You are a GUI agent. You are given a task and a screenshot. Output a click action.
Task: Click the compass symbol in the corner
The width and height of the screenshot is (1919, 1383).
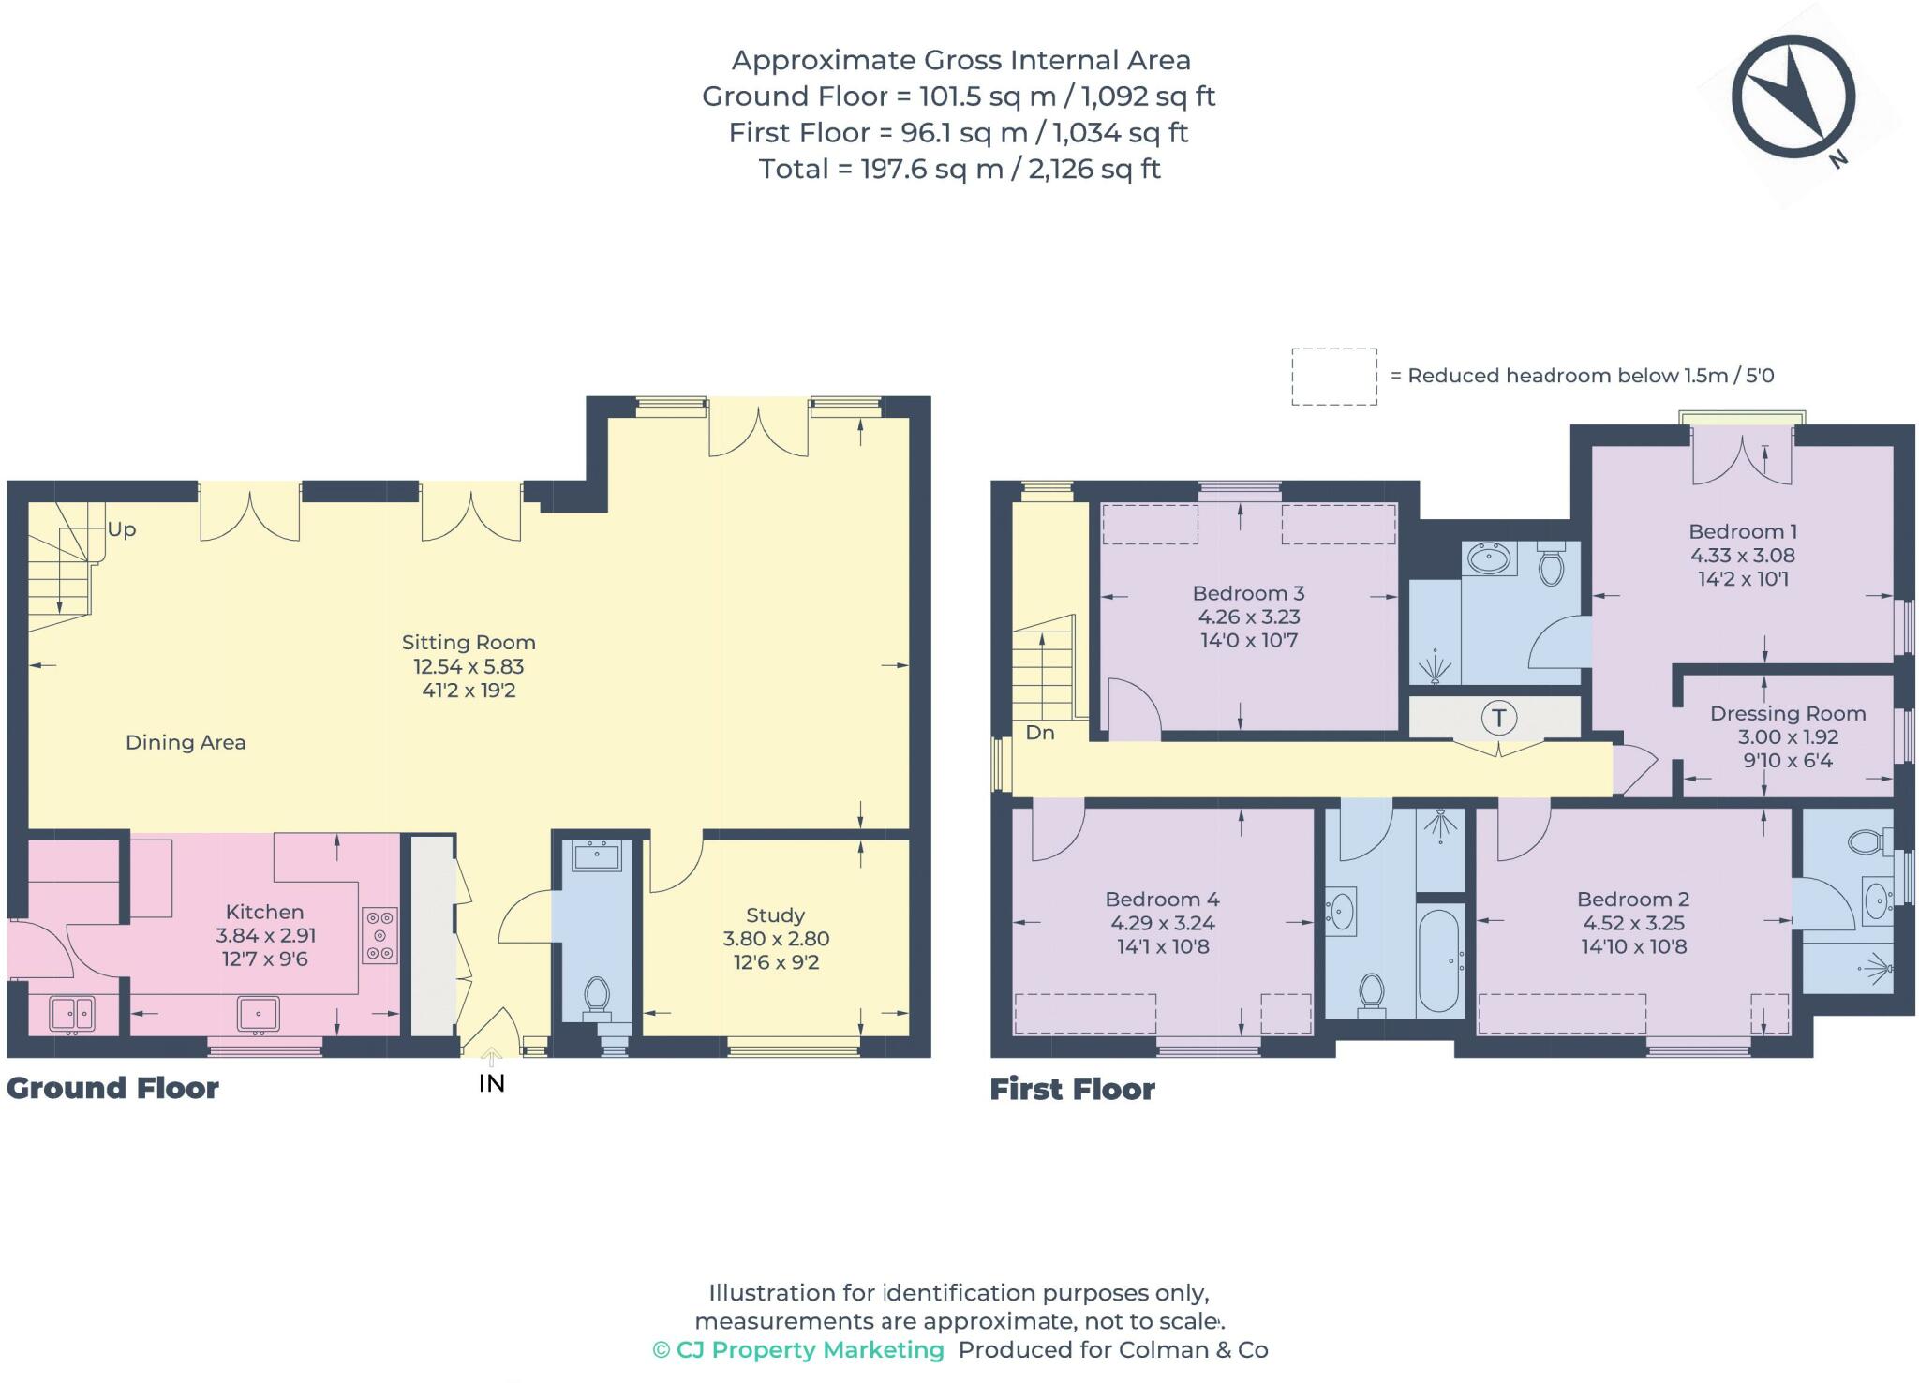click(1793, 97)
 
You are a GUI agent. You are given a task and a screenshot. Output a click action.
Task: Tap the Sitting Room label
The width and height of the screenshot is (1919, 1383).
click(469, 643)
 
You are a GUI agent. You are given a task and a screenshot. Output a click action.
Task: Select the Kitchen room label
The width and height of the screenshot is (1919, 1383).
click(265, 912)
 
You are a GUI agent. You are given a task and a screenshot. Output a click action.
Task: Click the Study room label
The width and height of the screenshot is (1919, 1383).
click(776, 915)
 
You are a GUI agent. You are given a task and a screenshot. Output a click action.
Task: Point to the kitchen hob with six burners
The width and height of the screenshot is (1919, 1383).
click(379, 935)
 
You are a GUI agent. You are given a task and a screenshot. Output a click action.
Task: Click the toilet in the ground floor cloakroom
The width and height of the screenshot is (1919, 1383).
click(596, 997)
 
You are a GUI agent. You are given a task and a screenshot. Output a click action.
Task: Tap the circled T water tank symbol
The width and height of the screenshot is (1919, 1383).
click(1499, 719)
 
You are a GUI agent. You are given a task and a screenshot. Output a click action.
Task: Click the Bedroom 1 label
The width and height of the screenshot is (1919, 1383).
click(1743, 531)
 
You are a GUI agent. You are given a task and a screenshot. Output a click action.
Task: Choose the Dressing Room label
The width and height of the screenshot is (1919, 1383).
click(1788, 714)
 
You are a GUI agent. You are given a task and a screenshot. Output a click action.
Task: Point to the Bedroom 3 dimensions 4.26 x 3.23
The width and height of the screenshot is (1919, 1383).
click(1249, 617)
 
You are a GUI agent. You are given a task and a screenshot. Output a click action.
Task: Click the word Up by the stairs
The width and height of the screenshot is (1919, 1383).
click(122, 529)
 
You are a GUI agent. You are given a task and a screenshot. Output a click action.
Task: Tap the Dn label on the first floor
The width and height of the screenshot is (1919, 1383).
click(1040, 733)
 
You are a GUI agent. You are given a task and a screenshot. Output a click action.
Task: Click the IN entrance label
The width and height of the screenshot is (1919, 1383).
click(492, 1084)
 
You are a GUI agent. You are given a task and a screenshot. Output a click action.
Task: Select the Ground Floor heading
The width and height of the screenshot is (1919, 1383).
click(112, 1088)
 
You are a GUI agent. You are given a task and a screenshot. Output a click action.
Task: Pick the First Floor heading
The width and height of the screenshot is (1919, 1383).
click(1073, 1089)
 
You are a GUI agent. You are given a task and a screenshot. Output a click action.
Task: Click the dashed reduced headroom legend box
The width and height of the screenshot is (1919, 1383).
click(1334, 377)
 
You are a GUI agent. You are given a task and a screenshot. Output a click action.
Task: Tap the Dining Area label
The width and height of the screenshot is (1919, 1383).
click(186, 743)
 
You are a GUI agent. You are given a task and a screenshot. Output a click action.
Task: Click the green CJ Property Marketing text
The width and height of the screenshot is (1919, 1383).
click(798, 1350)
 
